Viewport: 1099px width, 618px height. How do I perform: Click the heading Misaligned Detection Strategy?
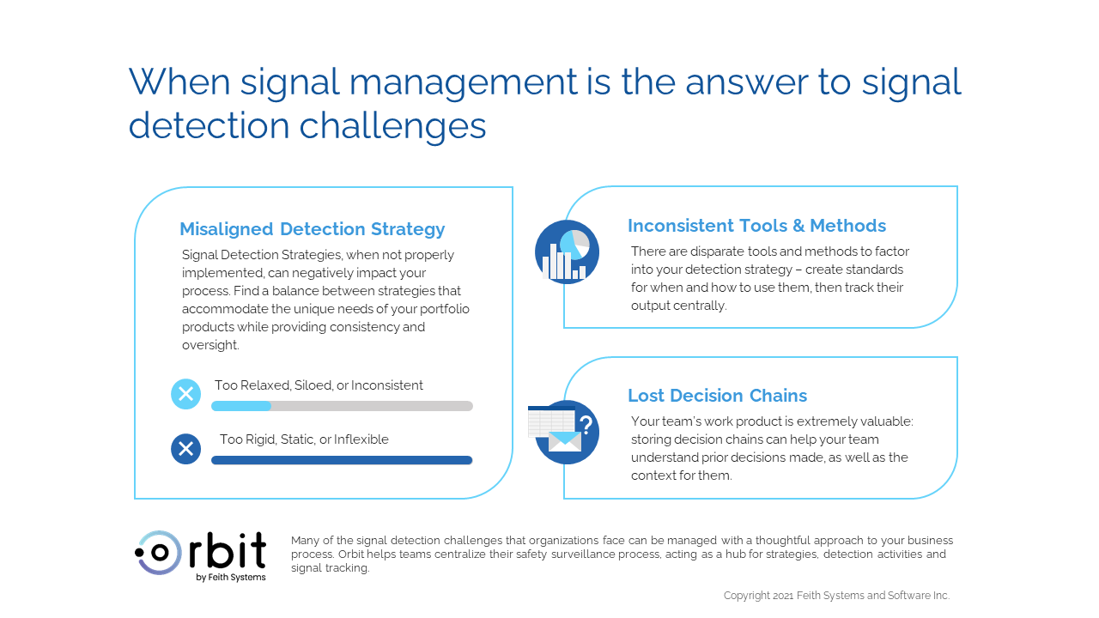[312, 229]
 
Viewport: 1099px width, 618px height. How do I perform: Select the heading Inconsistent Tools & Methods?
[756, 226]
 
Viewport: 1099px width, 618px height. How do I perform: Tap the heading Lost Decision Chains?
[717, 396]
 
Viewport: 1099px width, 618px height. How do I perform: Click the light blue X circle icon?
[185, 394]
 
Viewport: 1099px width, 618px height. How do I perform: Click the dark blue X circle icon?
[185, 449]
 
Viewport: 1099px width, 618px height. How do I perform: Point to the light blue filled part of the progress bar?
[241, 406]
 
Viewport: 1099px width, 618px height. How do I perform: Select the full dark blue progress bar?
[342, 460]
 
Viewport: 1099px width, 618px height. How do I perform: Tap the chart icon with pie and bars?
[567, 252]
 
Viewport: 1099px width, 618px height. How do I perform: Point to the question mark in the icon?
[586, 424]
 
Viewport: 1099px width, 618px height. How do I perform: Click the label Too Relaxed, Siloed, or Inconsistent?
[319, 385]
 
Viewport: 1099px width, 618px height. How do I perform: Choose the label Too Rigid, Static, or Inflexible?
[304, 439]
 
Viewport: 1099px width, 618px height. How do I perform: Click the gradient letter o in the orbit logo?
[160, 553]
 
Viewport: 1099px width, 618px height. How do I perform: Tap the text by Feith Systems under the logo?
[231, 578]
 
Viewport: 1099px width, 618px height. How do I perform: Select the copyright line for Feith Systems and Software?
[836, 596]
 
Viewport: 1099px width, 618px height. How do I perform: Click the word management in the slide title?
[463, 82]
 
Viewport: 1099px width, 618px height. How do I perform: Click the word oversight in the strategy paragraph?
[210, 345]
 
